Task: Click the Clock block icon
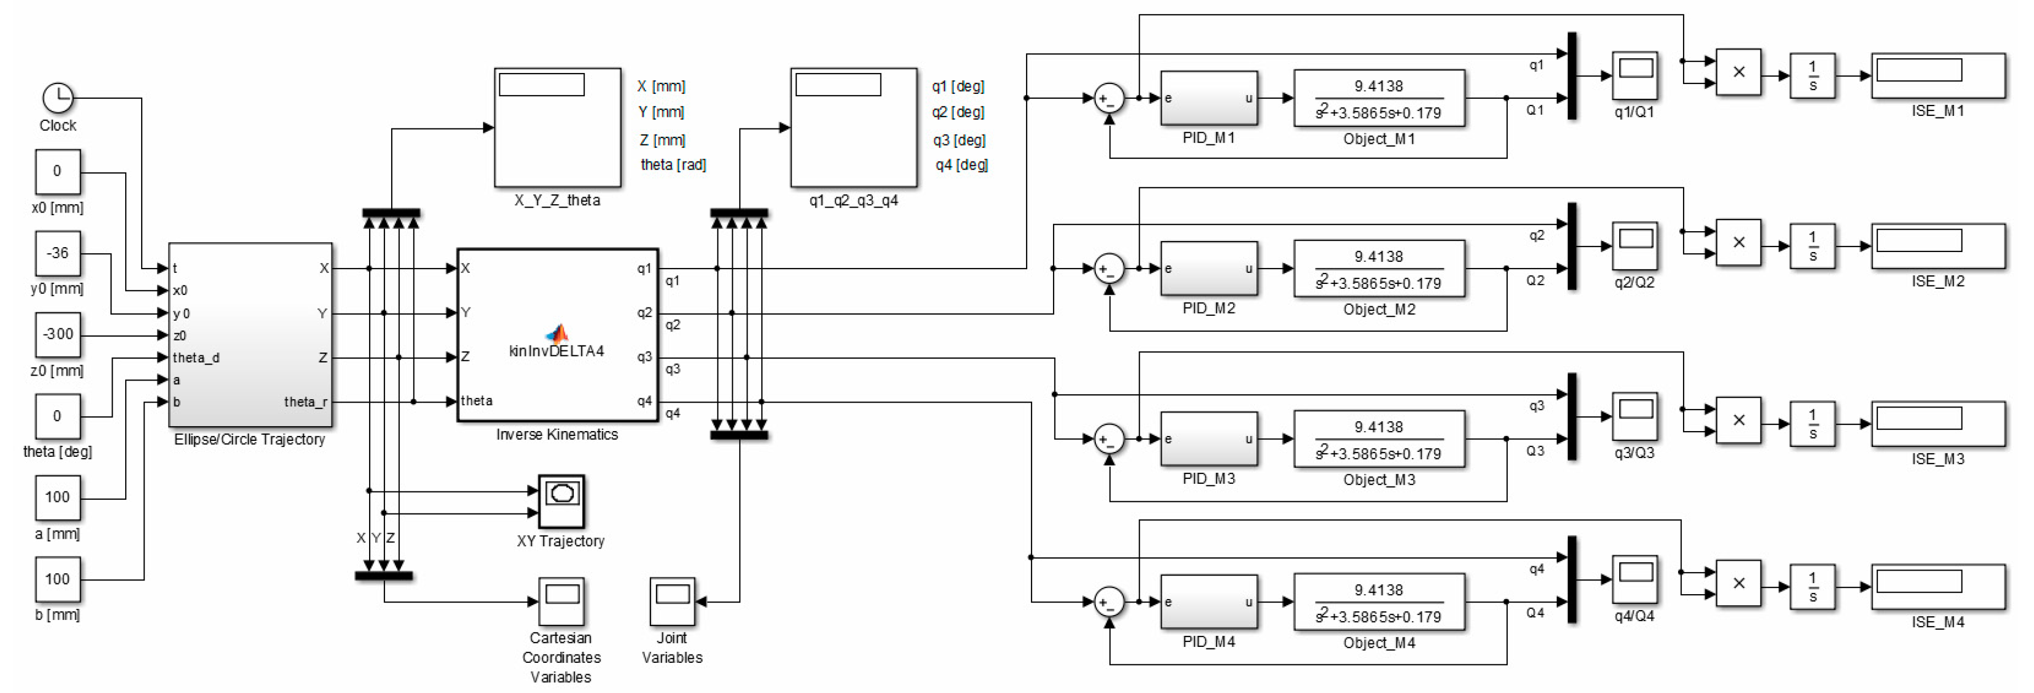click(x=58, y=98)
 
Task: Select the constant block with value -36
click(x=58, y=253)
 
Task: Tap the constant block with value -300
click(x=58, y=334)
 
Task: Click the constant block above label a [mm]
click(x=58, y=498)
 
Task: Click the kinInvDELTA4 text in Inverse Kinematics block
click(x=556, y=351)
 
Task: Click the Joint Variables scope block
click(x=672, y=601)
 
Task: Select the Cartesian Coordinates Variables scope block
click(x=561, y=601)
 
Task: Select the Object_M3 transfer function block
click(x=1379, y=439)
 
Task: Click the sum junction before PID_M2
click(x=1108, y=269)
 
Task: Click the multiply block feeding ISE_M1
click(x=1738, y=72)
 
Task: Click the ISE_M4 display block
click(x=1938, y=586)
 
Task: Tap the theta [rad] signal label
click(x=673, y=164)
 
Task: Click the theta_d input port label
click(x=196, y=357)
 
